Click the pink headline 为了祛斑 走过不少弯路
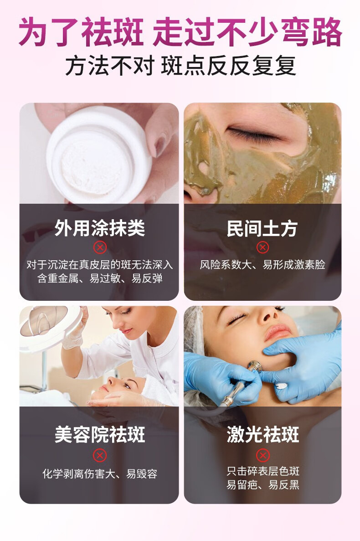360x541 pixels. [180, 33]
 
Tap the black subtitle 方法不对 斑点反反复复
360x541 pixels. [181, 66]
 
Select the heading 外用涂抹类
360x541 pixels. [100, 228]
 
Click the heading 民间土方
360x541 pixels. [262, 228]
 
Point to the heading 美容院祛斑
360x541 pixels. [100, 434]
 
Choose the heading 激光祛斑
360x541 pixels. [263, 434]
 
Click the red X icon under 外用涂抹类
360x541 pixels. [100, 247]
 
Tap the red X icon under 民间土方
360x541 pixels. [263, 247]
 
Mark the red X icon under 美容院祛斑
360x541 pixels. [100, 455]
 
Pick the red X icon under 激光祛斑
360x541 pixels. [263, 455]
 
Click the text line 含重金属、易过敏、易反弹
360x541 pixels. [100, 278]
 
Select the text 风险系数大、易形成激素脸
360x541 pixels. [263, 265]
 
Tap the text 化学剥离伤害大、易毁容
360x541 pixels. [100, 474]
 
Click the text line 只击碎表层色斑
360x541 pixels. [263, 471]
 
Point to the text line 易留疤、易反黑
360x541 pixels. [263, 485]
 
